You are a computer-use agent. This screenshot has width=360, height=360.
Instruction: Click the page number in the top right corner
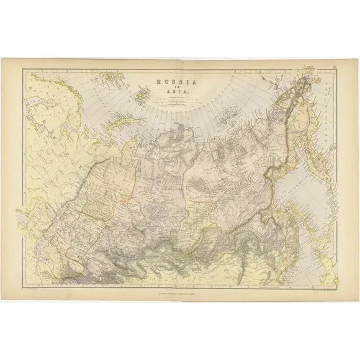334,65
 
